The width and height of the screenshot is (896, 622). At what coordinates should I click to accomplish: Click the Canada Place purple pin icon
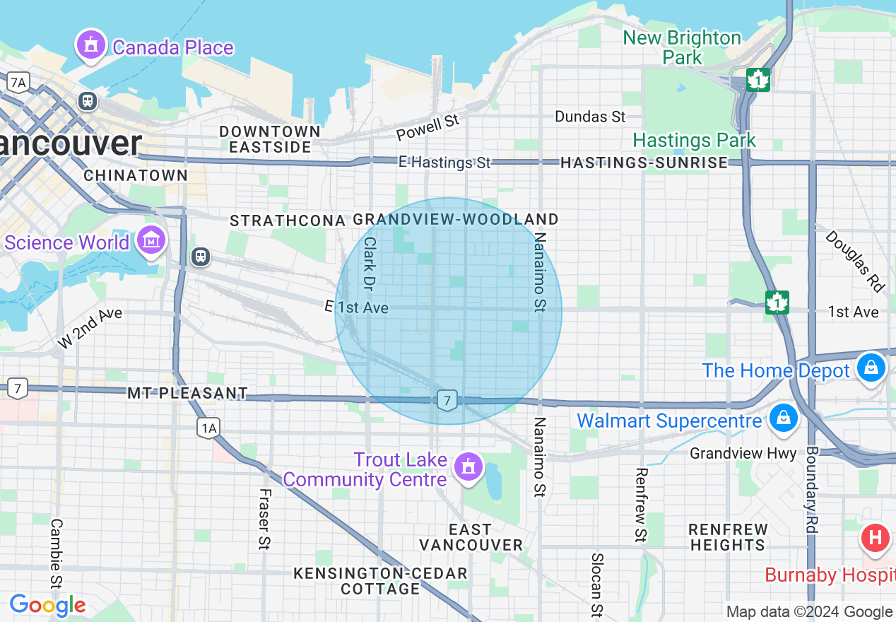click(90, 45)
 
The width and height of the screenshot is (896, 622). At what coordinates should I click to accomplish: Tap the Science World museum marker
click(151, 240)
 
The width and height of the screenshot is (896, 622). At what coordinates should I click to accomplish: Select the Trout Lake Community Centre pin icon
click(468, 466)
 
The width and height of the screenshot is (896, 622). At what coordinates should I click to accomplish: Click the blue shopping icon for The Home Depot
click(871, 368)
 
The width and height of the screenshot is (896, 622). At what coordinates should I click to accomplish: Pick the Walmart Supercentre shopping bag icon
click(782, 417)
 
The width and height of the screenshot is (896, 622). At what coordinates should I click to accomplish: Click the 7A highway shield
click(18, 83)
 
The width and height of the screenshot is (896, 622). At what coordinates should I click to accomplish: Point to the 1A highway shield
click(208, 427)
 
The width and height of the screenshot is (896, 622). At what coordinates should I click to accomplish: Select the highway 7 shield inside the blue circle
click(447, 400)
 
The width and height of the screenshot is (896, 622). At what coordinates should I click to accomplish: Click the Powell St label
click(428, 128)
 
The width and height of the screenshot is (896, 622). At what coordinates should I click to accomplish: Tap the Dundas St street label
click(590, 116)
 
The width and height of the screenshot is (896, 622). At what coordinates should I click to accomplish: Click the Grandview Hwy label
click(743, 453)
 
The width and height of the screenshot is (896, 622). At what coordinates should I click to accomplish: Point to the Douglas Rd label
click(855, 261)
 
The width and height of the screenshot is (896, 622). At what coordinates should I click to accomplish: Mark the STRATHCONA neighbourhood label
click(287, 221)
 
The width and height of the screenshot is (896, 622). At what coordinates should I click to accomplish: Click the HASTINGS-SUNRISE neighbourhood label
click(644, 163)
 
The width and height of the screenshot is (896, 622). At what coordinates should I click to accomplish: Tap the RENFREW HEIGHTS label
click(728, 537)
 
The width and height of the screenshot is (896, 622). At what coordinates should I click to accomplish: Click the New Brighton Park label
click(682, 47)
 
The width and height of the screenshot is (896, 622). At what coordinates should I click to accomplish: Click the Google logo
click(47, 605)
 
